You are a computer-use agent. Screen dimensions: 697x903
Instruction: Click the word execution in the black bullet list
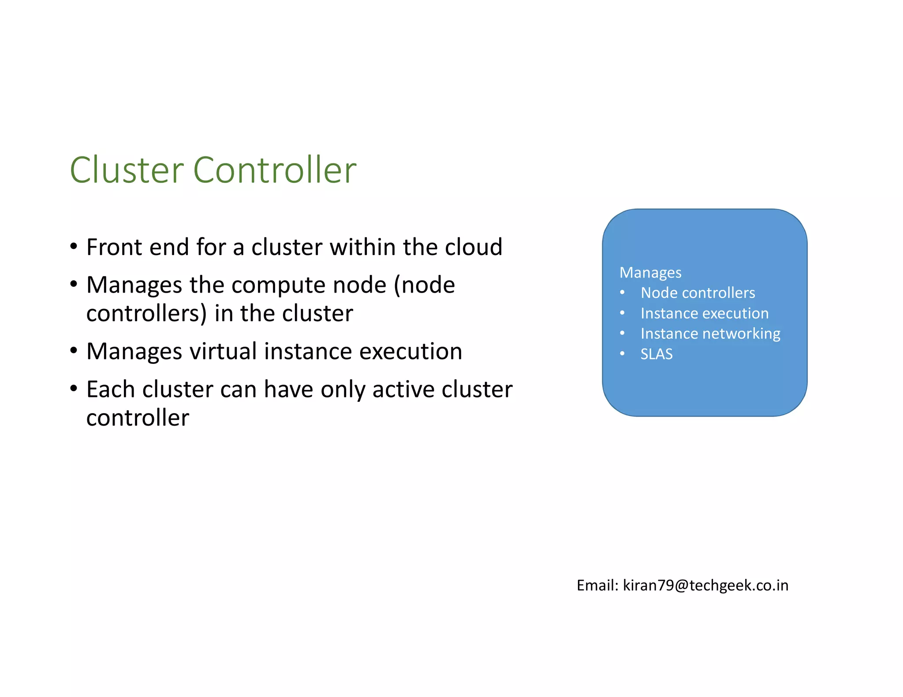tap(410, 351)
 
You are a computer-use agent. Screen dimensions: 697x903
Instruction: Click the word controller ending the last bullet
tap(138, 418)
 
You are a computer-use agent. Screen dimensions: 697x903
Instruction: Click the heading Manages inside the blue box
tap(650, 273)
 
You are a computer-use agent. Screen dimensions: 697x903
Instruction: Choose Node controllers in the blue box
tap(698, 293)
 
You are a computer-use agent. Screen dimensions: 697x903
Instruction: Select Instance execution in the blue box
tap(704, 313)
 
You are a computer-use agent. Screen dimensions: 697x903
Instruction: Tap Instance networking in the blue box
tap(710, 334)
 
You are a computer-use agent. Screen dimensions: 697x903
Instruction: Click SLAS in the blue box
tap(657, 354)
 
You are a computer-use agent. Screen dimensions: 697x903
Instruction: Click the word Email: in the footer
tap(597, 585)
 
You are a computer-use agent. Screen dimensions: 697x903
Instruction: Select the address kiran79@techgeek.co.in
tap(705, 585)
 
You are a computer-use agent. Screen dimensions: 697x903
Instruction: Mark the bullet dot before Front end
tap(74, 246)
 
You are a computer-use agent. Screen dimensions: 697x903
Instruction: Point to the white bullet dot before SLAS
tap(622, 353)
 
